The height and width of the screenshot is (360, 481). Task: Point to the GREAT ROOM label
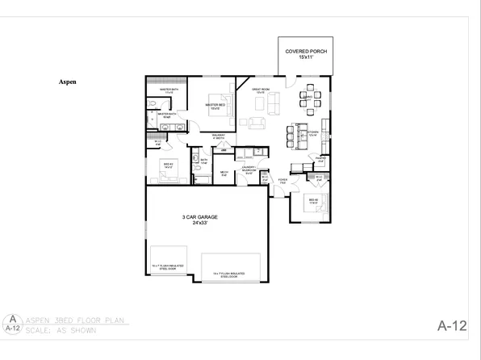point(260,90)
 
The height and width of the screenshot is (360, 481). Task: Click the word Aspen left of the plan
point(68,82)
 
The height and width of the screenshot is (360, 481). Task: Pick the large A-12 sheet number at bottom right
point(452,326)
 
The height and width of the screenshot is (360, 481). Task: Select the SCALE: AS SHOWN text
point(61,330)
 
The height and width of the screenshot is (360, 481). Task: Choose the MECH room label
point(225,173)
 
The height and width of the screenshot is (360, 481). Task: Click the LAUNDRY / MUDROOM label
point(249,170)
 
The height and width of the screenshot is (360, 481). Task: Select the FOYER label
point(282,181)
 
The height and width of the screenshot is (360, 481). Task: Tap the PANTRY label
point(320,158)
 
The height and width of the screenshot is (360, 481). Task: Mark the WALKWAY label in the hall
point(218,136)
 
